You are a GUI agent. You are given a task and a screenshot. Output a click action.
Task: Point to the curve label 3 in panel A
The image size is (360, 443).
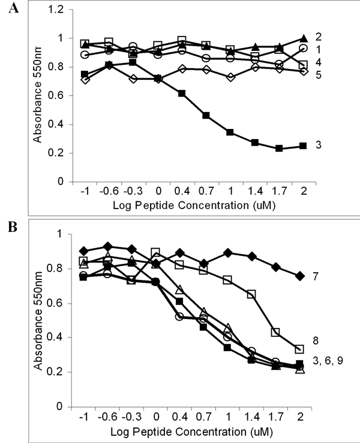pos(319,146)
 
